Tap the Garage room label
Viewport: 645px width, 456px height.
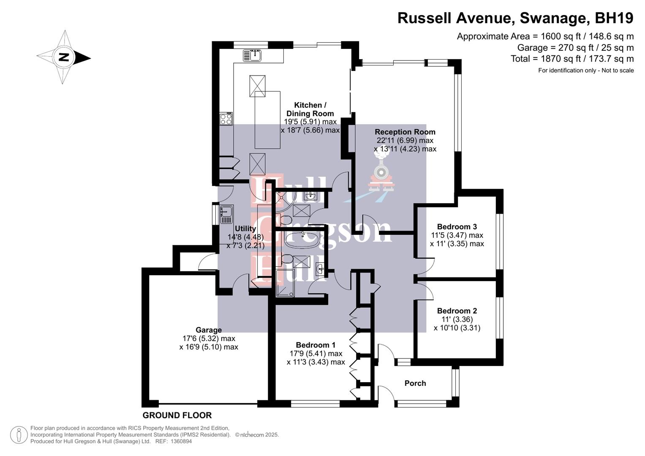coord(208,330)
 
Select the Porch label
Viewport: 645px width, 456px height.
coord(415,383)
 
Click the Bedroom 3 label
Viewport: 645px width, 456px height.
coord(457,227)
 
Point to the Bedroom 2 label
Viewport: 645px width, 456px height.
coord(457,311)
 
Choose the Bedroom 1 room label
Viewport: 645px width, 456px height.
coord(316,345)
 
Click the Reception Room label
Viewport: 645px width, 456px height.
coord(405,132)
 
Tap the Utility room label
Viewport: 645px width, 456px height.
coord(245,228)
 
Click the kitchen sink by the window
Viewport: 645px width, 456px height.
coord(253,55)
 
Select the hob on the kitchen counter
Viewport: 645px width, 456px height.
coord(226,119)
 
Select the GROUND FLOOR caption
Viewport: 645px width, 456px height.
coord(177,415)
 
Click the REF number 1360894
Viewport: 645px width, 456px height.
coord(180,441)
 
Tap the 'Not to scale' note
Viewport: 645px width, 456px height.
coord(617,71)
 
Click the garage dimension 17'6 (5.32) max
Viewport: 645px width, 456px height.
coord(209,339)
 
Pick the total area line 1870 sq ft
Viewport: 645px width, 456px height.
coord(572,59)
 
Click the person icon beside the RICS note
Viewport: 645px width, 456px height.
coord(19,435)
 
